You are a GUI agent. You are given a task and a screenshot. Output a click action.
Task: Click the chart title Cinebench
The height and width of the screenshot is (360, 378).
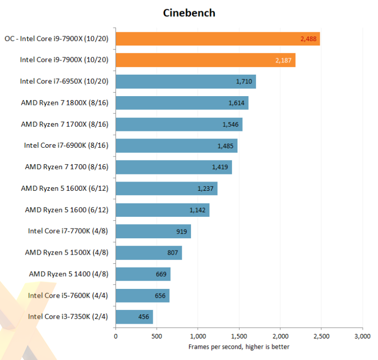(189, 13)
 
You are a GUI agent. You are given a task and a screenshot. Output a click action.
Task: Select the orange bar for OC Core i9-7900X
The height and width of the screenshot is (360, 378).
(218, 39)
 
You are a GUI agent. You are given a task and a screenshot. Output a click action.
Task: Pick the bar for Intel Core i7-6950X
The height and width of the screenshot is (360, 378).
(185, 81)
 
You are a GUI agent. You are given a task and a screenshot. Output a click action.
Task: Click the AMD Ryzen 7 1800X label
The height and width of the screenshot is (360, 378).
(68, 103)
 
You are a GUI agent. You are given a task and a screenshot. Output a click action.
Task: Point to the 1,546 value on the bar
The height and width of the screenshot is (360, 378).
(230, 124)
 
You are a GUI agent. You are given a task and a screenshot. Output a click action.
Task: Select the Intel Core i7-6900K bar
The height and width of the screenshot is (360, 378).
(176, 146)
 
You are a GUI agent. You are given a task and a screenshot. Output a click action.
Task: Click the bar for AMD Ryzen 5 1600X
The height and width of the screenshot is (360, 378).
(167, 188)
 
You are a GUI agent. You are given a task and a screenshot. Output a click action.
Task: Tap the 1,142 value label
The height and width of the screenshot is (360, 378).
(198, 210)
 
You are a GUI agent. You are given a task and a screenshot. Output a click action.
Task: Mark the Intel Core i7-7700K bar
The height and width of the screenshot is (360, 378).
(153, 231)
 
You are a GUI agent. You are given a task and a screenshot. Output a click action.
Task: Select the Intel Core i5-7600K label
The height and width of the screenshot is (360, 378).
(72, 295)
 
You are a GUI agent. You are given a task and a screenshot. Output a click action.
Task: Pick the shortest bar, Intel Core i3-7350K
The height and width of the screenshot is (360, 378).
(134, 317)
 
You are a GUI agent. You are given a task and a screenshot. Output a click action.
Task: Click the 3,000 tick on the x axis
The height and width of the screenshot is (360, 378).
(362, 336)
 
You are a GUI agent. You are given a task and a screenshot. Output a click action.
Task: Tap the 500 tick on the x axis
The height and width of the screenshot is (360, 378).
(157, 336)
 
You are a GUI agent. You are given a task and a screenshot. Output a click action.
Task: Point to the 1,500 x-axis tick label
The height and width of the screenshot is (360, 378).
(239, 336)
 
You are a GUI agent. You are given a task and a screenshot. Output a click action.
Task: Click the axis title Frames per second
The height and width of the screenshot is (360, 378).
(239, 347)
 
